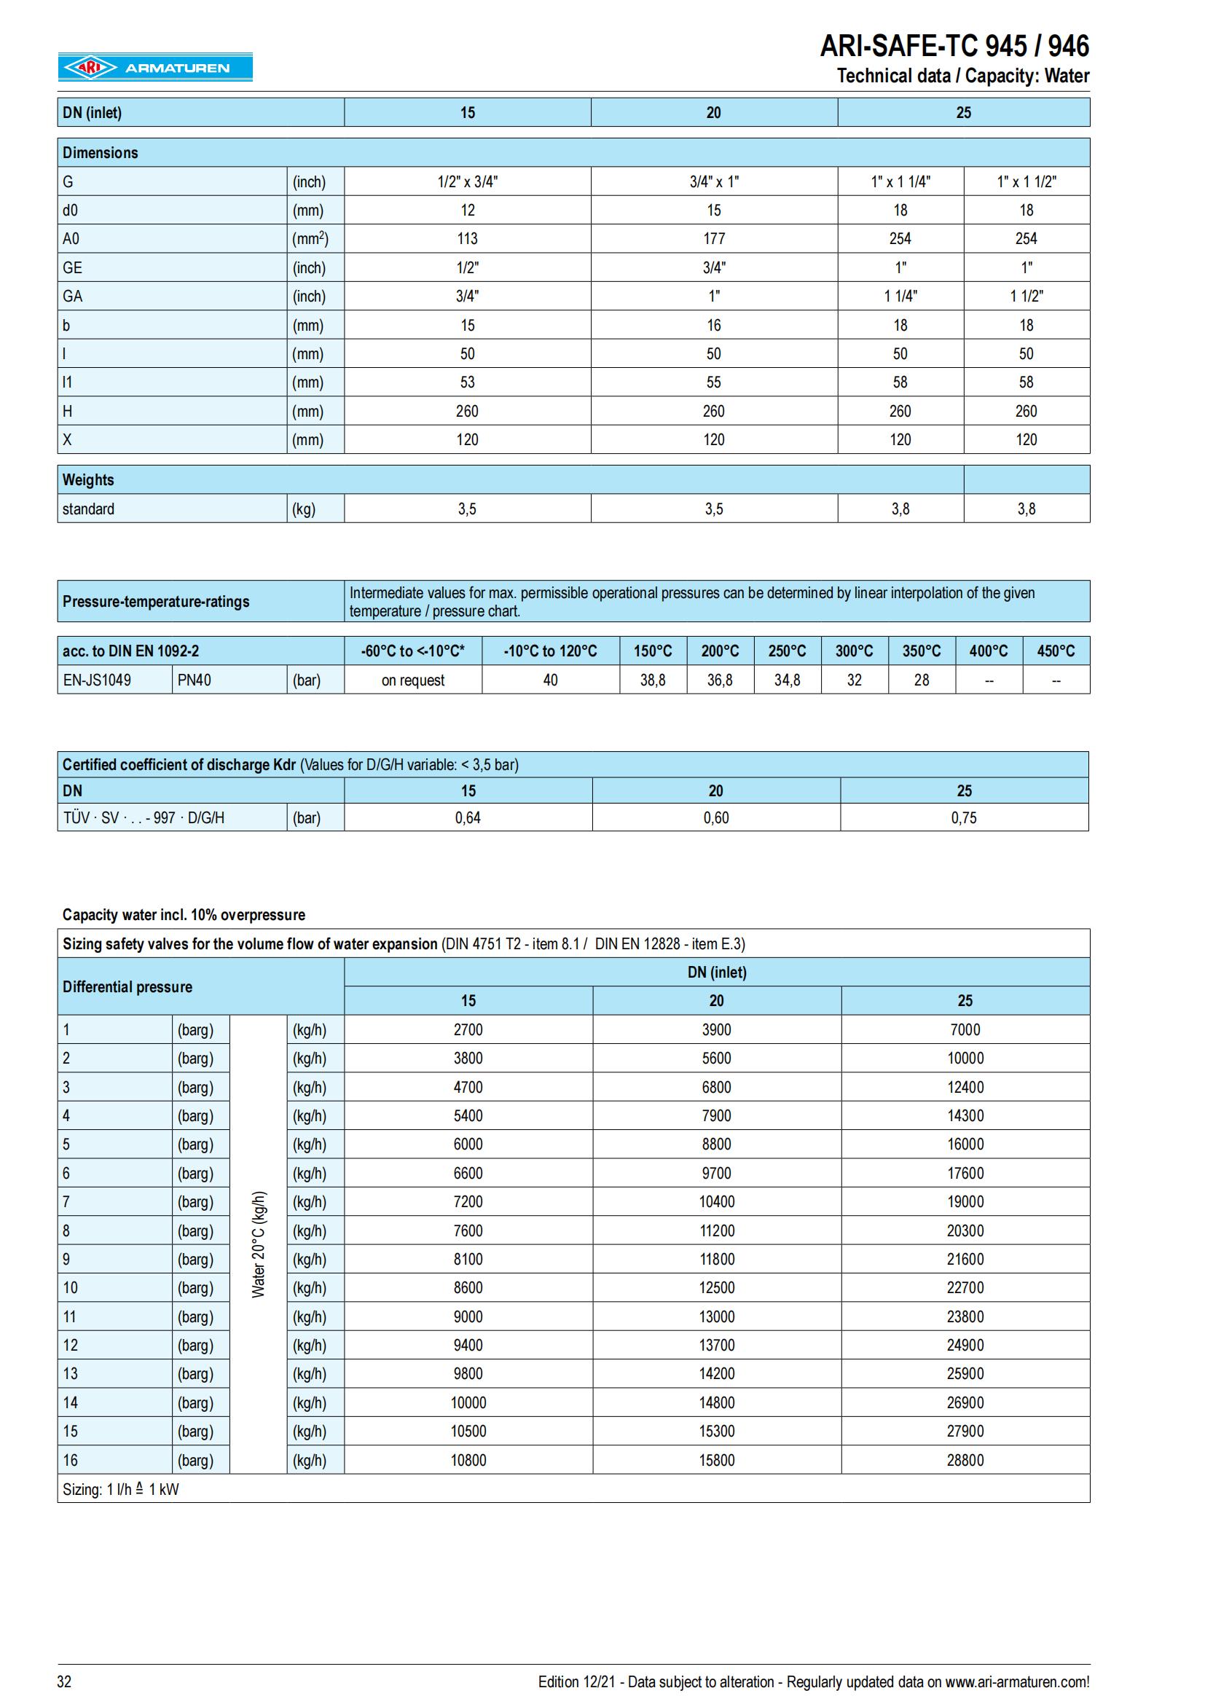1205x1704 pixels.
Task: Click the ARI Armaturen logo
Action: click(155, 68)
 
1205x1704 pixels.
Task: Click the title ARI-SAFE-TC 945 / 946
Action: click(954, 46)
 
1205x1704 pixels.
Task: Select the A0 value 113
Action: click(468, 239)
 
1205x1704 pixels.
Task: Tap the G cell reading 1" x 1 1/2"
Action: click(1027, 182)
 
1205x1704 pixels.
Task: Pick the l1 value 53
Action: click(468, 382)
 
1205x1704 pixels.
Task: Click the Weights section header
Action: click(88, 480)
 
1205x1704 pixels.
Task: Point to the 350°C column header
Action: click(922, 651)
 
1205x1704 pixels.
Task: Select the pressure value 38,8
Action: click(653, 680)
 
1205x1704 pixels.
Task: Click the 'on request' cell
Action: click(412, 680)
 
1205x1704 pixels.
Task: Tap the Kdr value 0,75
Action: click(964, 818)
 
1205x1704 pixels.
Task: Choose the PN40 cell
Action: click(195, 680)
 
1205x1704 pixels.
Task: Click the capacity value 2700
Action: click(468, 1029)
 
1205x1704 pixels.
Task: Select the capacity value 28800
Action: click(965, 1460)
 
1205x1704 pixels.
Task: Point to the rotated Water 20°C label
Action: click(258, 1244)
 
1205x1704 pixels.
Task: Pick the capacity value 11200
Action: click(717, 1230)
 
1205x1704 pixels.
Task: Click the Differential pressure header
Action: click(127, 987)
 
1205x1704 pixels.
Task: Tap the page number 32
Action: click(65, 1681)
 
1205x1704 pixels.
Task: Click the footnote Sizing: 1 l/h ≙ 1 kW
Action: click(121, 1489)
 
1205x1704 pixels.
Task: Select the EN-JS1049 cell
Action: click(97, 680)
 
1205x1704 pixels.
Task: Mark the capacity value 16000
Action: click(965, 1144)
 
